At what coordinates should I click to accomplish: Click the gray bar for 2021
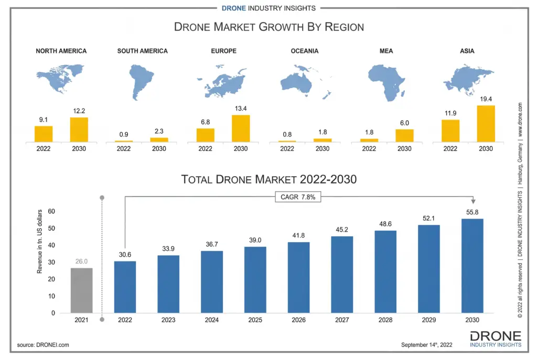[x=81, y=290]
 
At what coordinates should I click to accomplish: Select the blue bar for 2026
[x=298, y=277]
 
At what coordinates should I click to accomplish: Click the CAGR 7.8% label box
[x=298, y=197]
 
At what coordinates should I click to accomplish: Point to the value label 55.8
[x=472, y=211]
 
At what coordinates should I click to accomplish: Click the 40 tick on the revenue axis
[x=51, y=245]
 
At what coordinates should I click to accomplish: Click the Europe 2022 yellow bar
[x=205, y=135]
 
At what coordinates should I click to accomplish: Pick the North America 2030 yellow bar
[x=79, y=129]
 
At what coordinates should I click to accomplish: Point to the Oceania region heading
[x=305, y=51]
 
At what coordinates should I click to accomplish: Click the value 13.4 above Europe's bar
[x=241, y=108]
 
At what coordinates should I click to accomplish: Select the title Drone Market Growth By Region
[x=268, y=27]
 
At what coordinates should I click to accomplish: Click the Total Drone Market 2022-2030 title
[x=268, y=179]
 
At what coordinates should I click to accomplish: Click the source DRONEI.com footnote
[x=43, y=345]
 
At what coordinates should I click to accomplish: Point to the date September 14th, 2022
[x=426, y=345]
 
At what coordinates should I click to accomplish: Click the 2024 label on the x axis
[x=211, y=320]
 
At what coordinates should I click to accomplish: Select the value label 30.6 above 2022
[x=124, y=255]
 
